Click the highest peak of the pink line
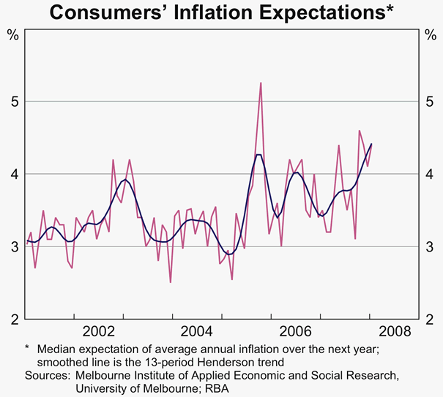pos(261,83)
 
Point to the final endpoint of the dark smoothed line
pos(372,144)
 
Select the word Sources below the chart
pos(46,375)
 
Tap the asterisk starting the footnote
pos(26,347)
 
